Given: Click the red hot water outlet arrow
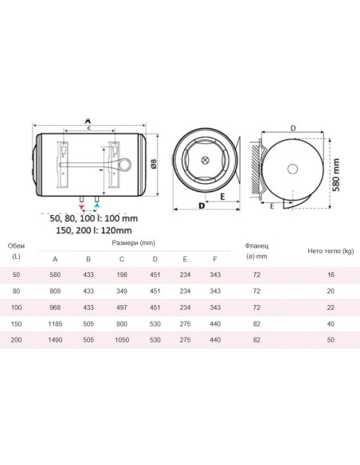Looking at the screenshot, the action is pyautogui.click(x=81, y=206).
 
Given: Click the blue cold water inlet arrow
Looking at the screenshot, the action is pyautogui.click(x=97, y=205).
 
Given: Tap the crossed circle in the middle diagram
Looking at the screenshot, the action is pyautogui.click(x=205, y=160).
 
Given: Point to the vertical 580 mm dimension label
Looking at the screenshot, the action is pyautogui.click(x=336, y=174).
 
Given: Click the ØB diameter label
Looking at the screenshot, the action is pyautogui.click(x=154, y=164).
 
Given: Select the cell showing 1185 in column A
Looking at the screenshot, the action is pyautogui.click(x=55, y=324).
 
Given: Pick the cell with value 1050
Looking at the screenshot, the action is pyautogui.click(x=122, y=340).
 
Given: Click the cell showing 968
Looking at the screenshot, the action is pyautogui.click(x=55, y=307).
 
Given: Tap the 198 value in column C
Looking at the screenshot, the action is pyautogui.click(x=122, y=275).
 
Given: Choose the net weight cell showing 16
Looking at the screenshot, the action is pyautogui.click(x=331, y=275).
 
